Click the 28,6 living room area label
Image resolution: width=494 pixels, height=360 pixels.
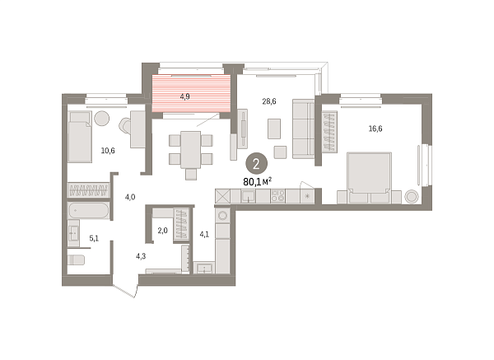tap(269, 101)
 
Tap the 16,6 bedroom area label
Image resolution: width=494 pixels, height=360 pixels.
tap(375, 129)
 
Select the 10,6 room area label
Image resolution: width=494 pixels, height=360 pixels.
tap(108, 151)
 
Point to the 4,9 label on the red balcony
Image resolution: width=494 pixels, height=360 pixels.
tap(185, 96)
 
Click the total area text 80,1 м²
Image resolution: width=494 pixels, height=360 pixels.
tap(258, 181)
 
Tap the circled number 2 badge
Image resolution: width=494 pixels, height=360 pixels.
tap(256, 164)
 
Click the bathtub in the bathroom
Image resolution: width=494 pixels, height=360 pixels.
tap(89, 210)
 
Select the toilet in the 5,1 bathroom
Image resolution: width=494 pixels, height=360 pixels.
tap(77, 260)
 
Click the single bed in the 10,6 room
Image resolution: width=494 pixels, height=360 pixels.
tap(80, 137)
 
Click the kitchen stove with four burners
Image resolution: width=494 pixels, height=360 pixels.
tap(278, 196)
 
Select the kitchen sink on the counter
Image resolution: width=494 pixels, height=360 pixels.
tap(249, 196)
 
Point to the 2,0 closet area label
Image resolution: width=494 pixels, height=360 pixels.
tap(162, 231)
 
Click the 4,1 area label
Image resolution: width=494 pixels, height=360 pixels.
tap(204, 234)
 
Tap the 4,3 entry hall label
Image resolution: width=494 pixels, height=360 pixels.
tap(141, 256)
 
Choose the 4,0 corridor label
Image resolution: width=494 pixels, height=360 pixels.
tap(130, 198)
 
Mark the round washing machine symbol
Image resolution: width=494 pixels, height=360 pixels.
tap(223, 216)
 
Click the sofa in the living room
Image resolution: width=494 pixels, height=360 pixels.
tap(303, 129)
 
